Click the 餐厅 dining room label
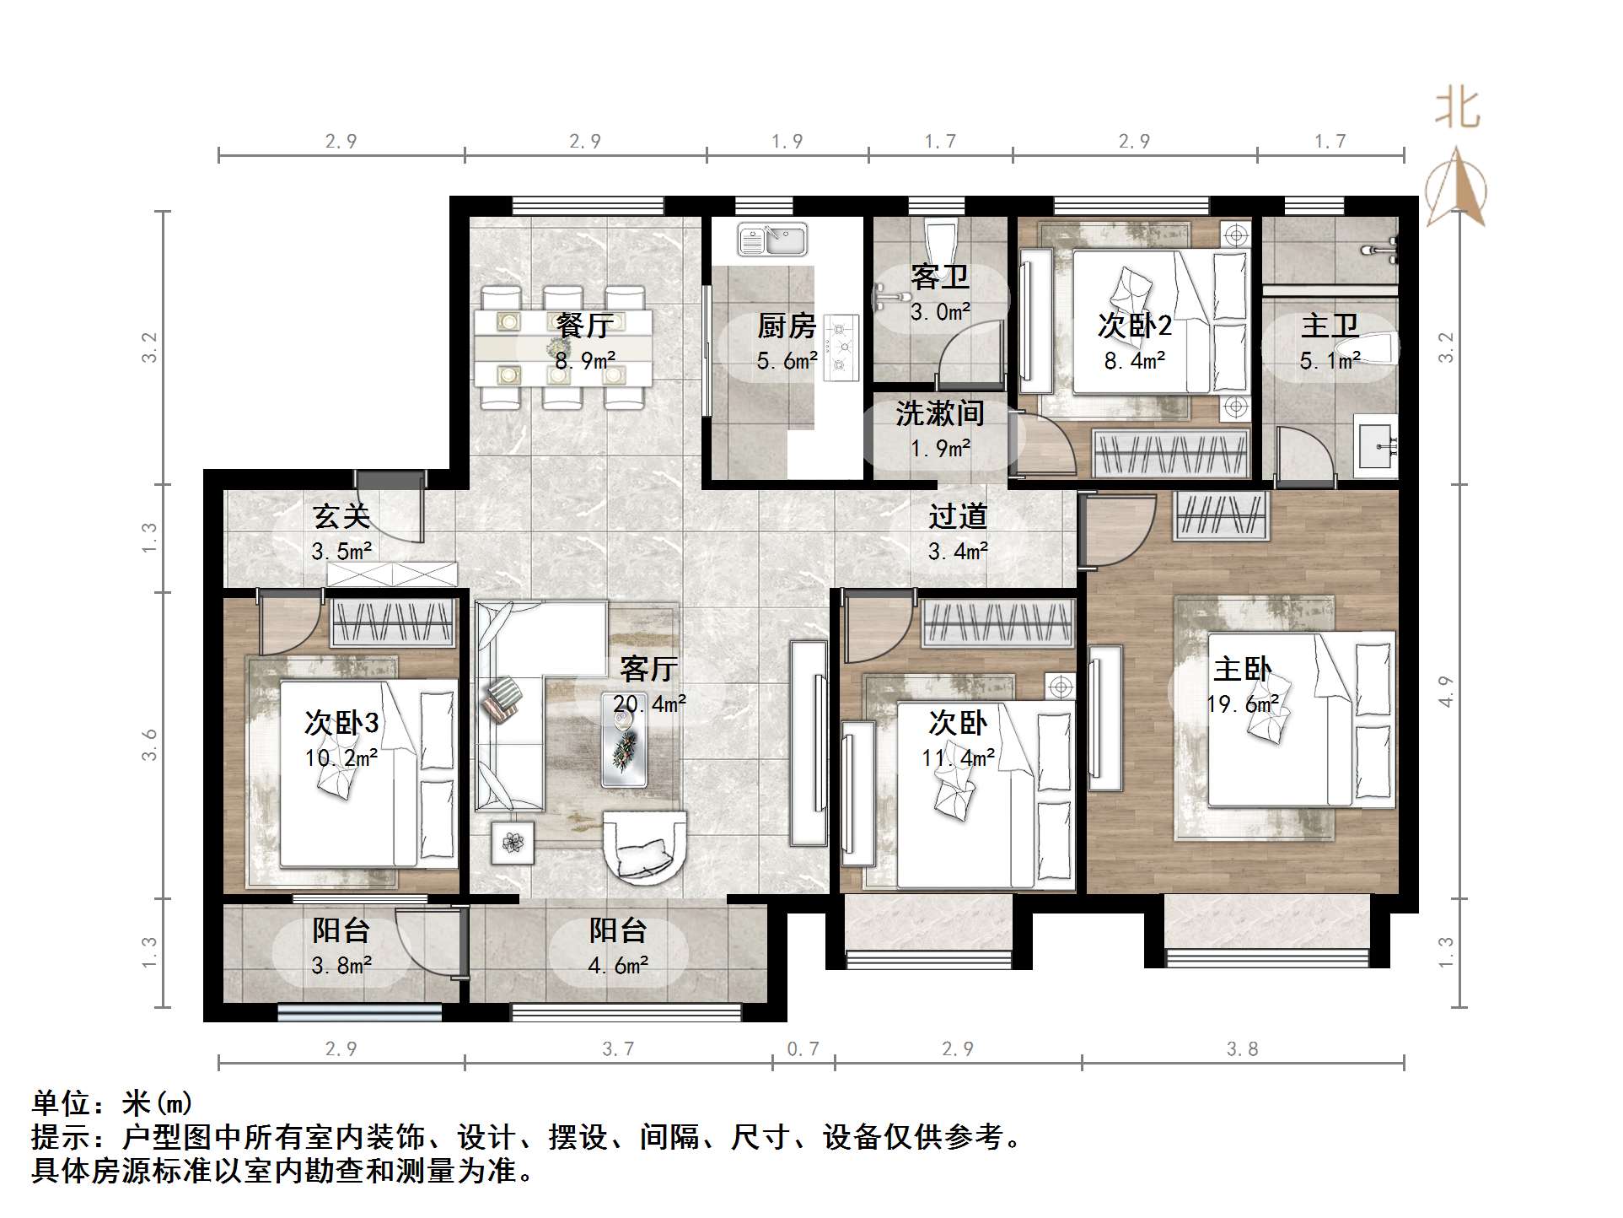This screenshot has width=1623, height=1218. tap(584, 325)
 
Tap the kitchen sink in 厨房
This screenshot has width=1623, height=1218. tap(772, 239)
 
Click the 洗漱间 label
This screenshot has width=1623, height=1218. tap(939, 413)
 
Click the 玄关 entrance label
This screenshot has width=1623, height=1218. tap(341, 516)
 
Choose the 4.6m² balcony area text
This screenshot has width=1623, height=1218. tap(618, 966)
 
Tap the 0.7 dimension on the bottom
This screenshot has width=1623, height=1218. tap(803, 1048)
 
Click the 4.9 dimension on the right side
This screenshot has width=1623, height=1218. tap(1446, 692)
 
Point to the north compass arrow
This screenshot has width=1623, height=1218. tap(1456, 190)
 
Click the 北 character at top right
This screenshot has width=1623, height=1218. tap(1458, 110)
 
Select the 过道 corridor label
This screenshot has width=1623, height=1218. tap(958, 516)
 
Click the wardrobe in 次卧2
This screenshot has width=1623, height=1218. tap(1170, 453)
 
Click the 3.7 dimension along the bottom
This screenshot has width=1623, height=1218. tap(618, 1048)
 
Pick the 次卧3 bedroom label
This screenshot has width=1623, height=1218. tap(341, 723)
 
